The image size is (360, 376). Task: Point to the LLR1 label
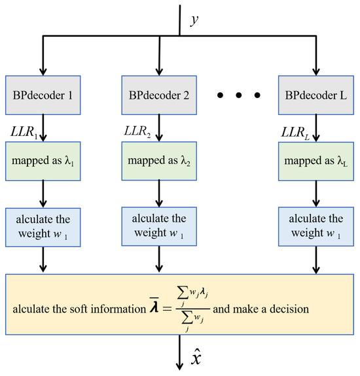tap(21, 133)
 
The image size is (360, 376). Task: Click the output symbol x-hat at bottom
tap(194, 358)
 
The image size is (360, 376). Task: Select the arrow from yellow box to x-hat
tap(179, 356)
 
